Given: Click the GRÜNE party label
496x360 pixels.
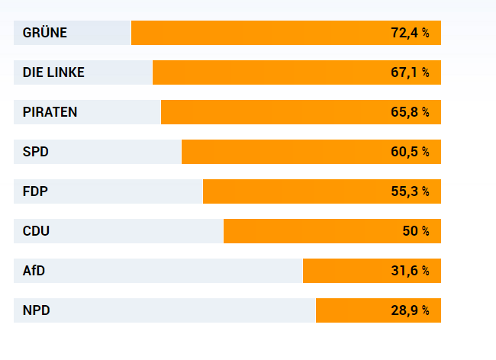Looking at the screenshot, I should [x=45, y=33].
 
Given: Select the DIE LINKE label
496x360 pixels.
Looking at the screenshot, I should [x=53, y=72].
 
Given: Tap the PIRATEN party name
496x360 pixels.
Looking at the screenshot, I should [x=50, y=112].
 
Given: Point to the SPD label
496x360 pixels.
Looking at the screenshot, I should [x=36, y=152].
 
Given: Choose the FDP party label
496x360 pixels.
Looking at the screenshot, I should [x=36, y=191].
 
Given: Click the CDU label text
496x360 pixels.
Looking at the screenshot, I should [x=37, y=231].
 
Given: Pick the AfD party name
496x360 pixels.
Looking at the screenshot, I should [x=35, y=271].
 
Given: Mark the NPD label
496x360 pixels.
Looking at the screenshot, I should [x=37, y=310].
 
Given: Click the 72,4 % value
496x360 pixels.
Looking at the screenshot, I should [x=410, y=33].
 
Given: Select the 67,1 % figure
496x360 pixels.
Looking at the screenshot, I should [x=410, y=72].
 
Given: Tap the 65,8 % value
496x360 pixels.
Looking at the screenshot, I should [x=410, y=112].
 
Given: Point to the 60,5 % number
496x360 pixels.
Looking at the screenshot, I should [x=410, y=152].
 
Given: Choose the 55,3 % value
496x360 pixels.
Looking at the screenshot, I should [x=410, y=191].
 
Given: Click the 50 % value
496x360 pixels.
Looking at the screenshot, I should [x=416, y=231].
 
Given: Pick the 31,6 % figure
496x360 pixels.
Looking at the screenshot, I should [x=410, y=271].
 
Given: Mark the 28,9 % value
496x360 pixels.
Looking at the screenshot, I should [x=410, y=310].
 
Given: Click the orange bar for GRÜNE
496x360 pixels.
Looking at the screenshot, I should [x=259, y=33].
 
